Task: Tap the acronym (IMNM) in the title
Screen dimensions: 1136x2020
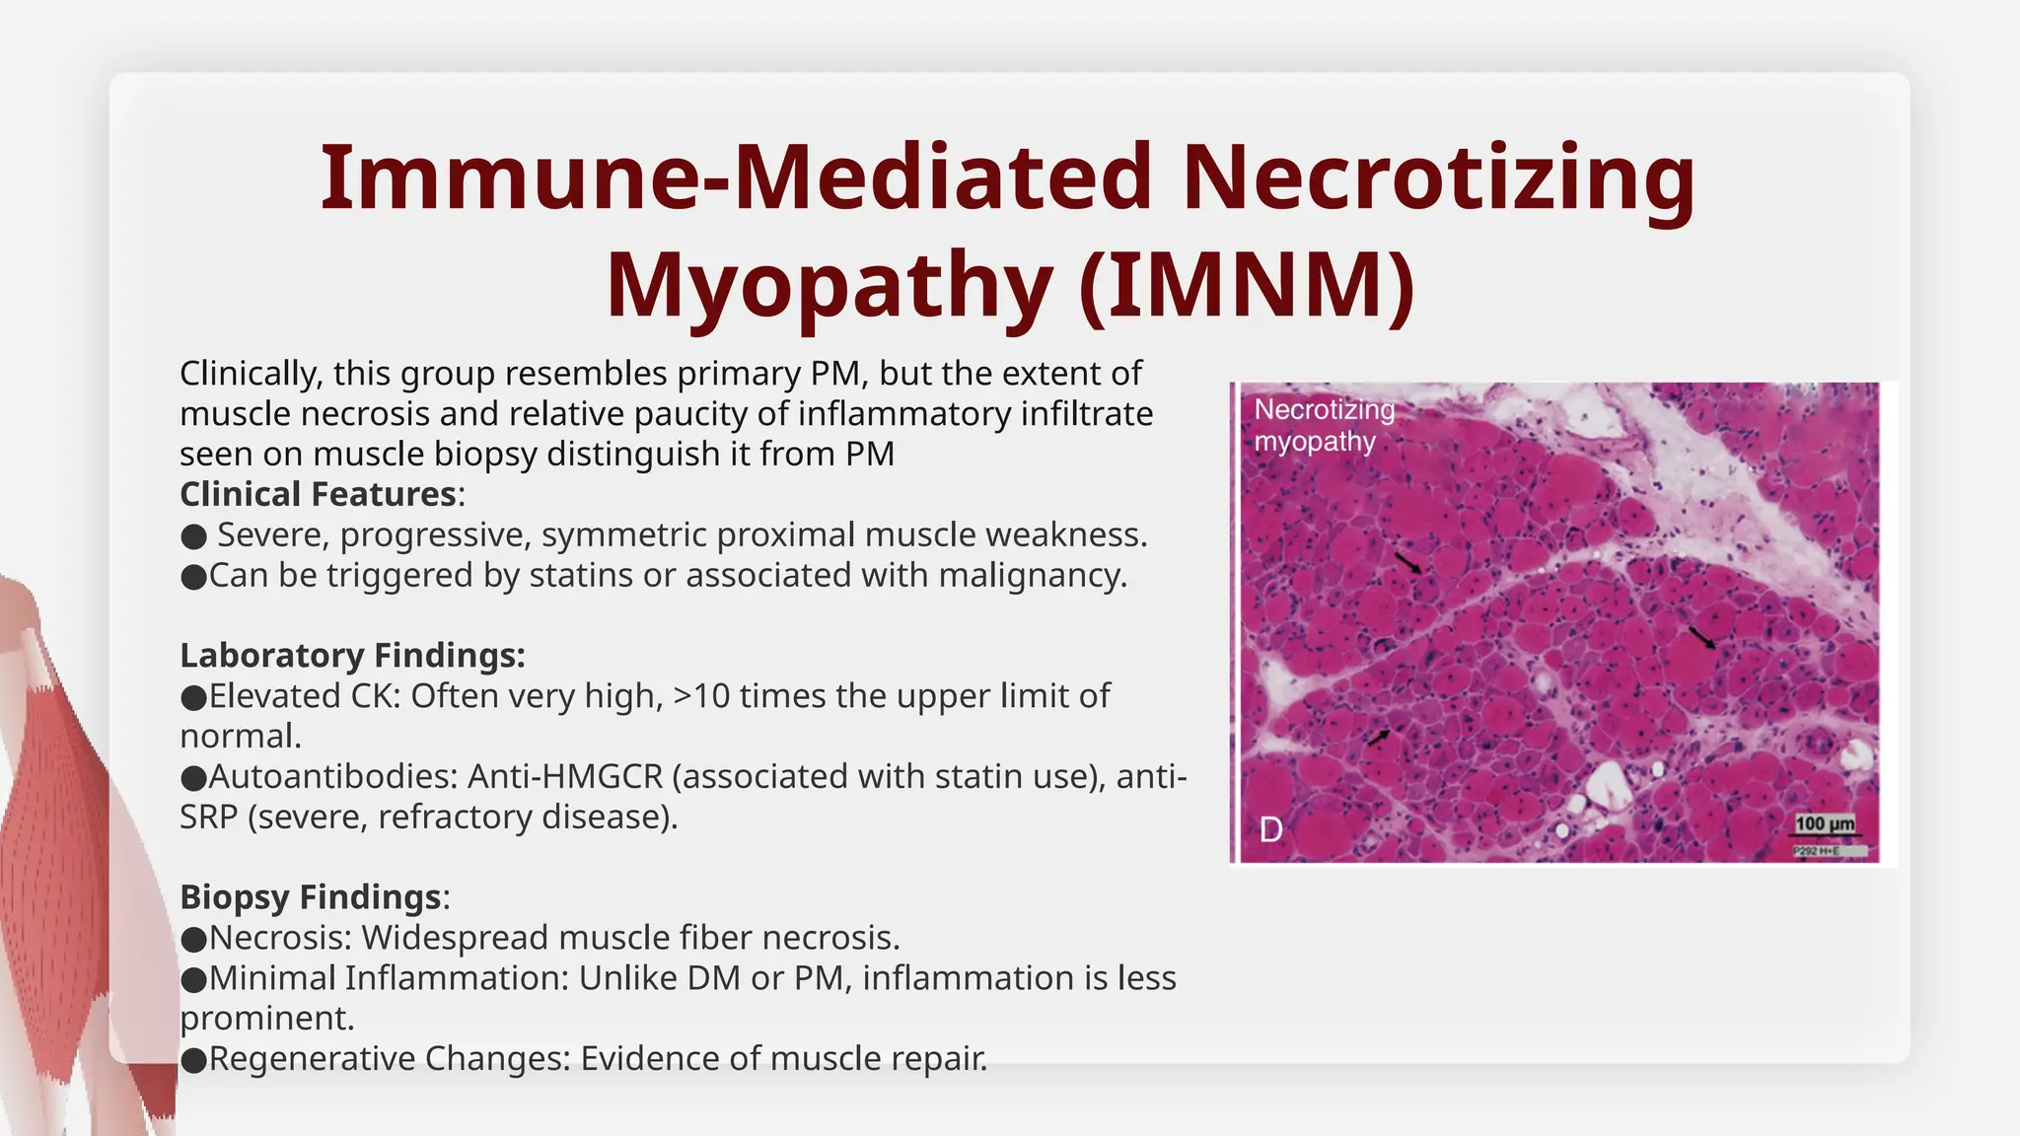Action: pos(1248,285)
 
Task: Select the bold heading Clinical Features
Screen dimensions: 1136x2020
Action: pos(318,494)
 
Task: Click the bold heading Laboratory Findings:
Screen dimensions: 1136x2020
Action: pos(352,656)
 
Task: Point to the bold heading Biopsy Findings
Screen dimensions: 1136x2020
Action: pos(310,897)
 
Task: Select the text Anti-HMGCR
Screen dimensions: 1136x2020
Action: pos(564,777)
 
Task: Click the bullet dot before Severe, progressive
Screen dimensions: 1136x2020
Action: pos(193,536)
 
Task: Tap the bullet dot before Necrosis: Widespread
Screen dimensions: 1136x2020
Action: pos(193,939)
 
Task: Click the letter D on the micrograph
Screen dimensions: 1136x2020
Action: pos(1270,830)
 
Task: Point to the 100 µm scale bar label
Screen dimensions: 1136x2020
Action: pos(1824,824)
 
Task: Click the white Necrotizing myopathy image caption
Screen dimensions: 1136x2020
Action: pos(1324,425)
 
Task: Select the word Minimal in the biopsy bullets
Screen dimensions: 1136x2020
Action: pos(272,978)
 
